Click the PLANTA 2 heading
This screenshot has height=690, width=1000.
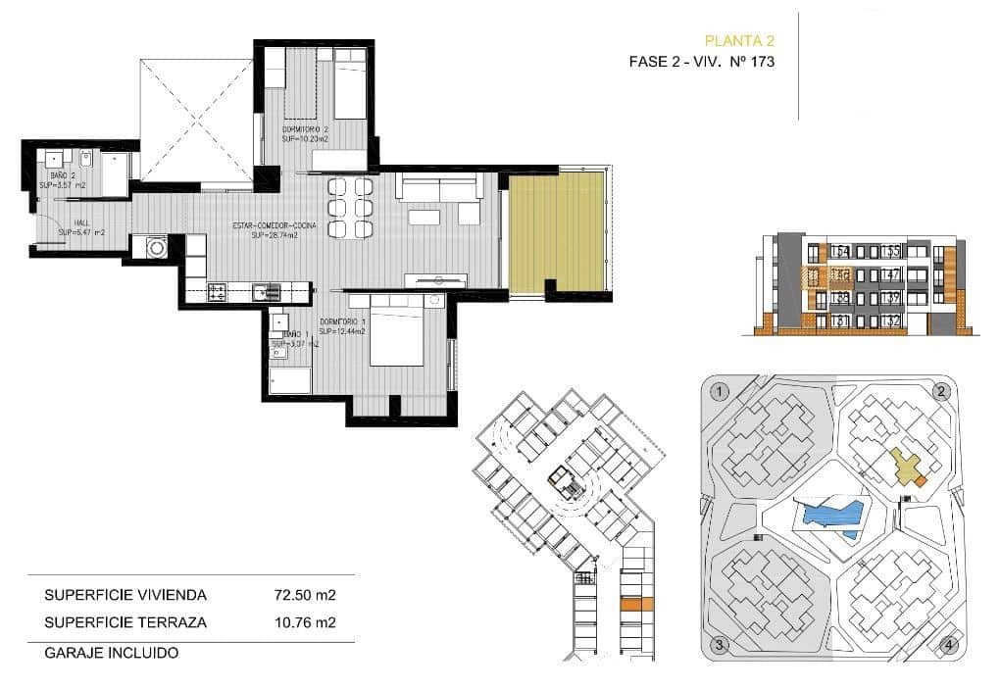coord(740,40)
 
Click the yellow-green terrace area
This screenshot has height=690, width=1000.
coord(555,231)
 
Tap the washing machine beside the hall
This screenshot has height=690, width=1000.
coord(156,248)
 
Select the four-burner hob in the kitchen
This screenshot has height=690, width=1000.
coord(218,291)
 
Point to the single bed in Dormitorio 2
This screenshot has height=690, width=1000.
coord(350,86)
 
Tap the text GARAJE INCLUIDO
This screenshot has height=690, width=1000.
coord(111,652)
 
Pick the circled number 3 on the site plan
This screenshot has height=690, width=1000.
coord(720,644)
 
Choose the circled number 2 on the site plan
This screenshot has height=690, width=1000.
coord(942,392)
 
